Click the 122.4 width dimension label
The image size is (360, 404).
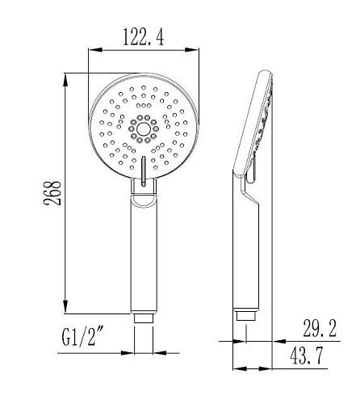point(144,37)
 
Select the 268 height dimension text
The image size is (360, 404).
point(52,193)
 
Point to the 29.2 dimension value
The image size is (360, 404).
point(320,328)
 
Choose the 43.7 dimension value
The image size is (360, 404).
point(306,356)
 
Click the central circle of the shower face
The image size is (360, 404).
point(144,129)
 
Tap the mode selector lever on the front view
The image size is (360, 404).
point(144,170)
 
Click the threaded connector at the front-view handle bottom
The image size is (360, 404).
point(144,318)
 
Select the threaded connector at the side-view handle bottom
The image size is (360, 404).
point(246,316)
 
